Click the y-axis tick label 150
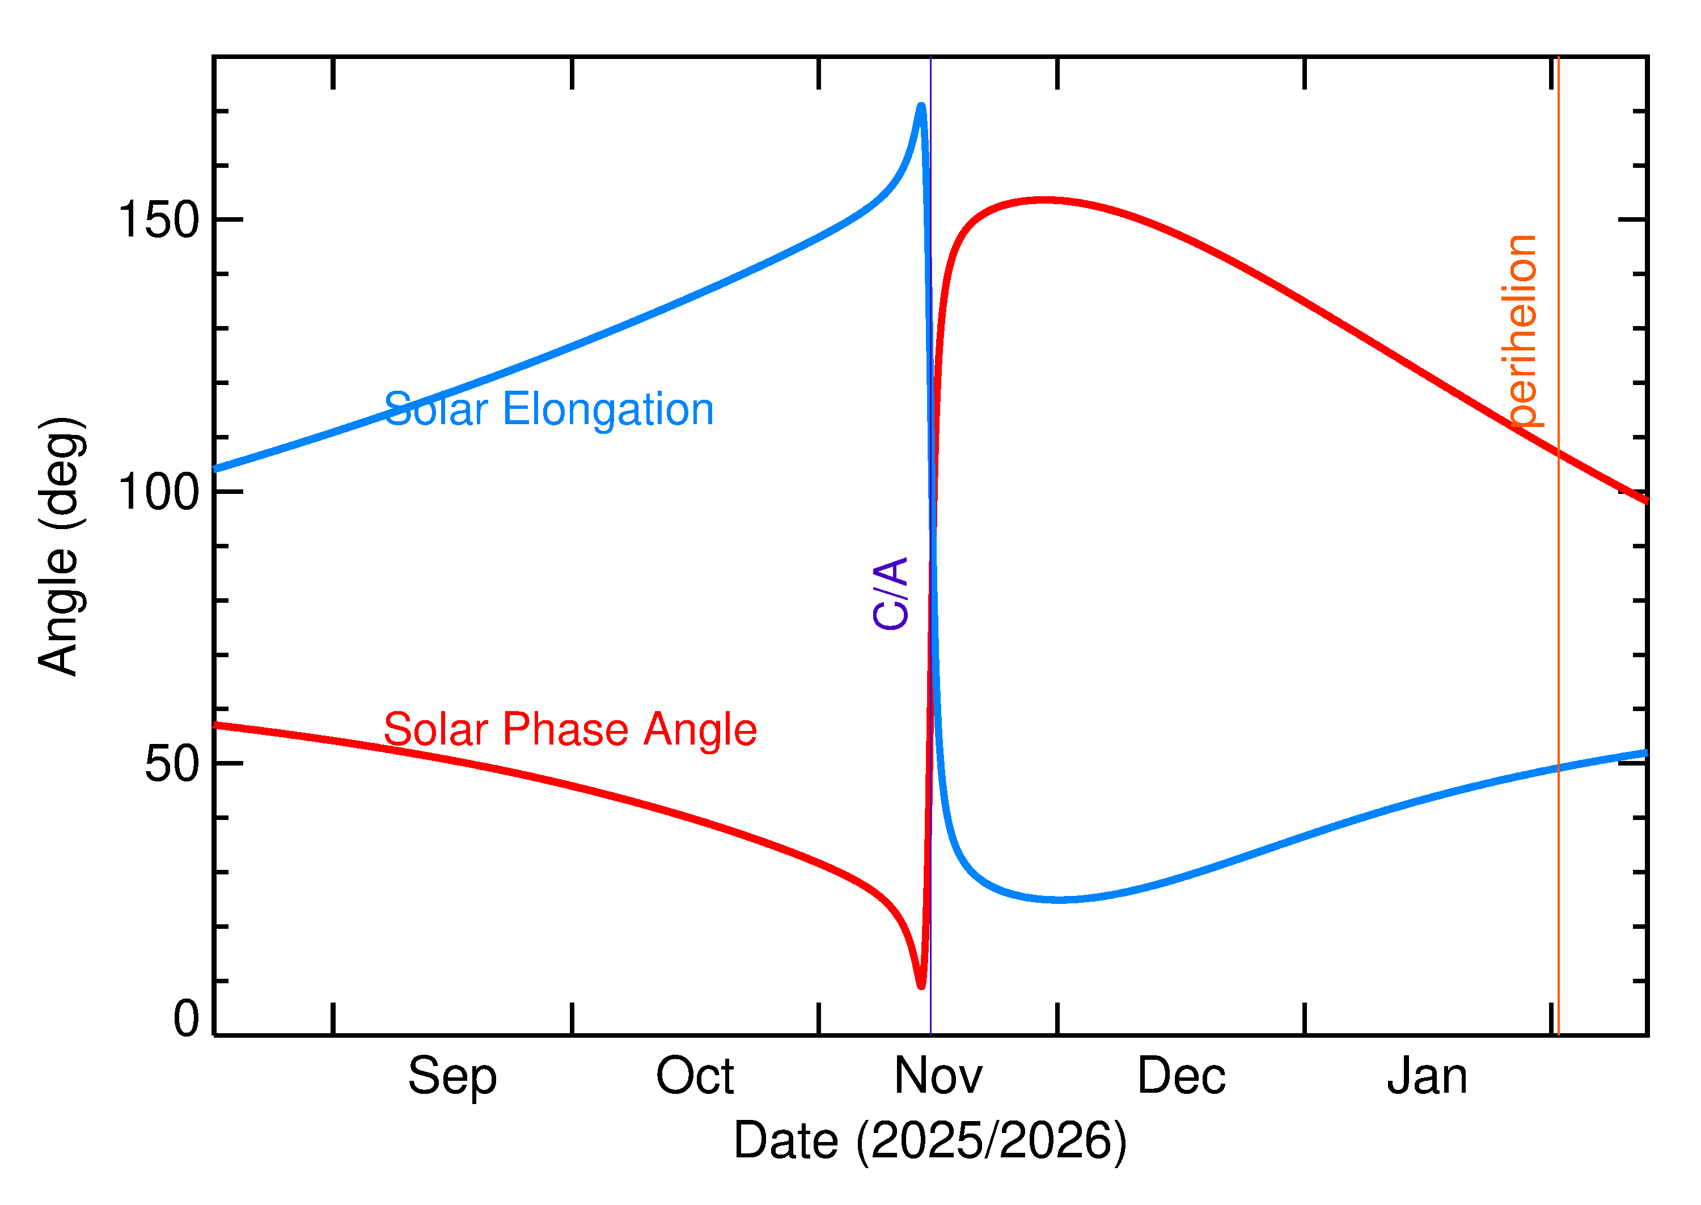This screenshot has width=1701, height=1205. (x=159, y=221)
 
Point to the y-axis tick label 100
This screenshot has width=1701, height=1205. (x=159, y=492)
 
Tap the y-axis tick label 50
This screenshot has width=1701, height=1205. (x=172, y=764)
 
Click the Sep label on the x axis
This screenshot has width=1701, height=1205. (x=452, y=1077)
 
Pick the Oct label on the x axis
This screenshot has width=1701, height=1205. (x=695, y=1077)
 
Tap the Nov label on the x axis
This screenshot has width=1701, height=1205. (x=938, y=1077)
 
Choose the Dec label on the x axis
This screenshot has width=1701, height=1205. (x=1181, y=1077)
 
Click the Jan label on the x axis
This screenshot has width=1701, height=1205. (x=1427, y=1077)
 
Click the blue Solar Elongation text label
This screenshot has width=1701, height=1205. (x=548, y=409)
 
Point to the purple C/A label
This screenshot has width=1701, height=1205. (x=890, y=594)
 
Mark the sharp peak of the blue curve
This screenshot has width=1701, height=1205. (x=921, y=106)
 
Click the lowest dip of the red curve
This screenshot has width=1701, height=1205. (x=921, y=986)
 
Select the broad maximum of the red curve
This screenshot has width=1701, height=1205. (x=1044, y=200)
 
